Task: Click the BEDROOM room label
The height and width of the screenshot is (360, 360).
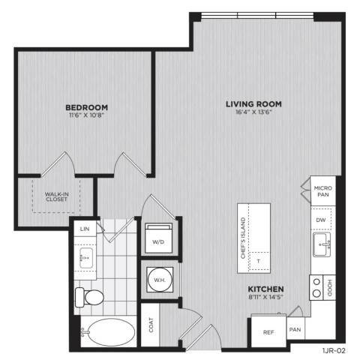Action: (x=87, y=107)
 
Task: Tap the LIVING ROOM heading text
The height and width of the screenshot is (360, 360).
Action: (x=253, y=104)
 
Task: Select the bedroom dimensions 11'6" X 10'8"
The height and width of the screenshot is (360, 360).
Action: (x=86, y=115)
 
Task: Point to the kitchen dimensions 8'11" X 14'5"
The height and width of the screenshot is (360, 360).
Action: (x=265, y=297)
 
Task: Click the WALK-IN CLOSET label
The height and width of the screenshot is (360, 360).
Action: (x=56, y=196)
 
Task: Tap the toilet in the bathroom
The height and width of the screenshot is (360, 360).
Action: (x=89, y=297)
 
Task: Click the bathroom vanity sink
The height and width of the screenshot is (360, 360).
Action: (x=86, y=258)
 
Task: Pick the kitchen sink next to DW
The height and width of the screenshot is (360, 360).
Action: (x=322, y=244)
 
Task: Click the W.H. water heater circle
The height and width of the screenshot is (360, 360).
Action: (x=160, y=280)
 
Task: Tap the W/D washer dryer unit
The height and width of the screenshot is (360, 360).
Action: (x=159, y=238)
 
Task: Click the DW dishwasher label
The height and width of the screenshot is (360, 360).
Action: (x=321, y=220)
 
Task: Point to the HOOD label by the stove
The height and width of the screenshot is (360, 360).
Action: (x=330, y=288)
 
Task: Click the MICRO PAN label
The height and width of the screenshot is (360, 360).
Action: (x=323, y=191)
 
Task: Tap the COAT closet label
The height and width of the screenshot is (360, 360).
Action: (x=151, y=325)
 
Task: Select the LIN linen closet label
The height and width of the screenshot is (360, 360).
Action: (x=85, y=229)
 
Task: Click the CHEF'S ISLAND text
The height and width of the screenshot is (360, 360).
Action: (x=243, y=238)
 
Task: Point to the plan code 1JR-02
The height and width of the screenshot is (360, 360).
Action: (x=334, y=351)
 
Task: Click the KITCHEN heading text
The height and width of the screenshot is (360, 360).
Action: (x=265, y=289)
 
